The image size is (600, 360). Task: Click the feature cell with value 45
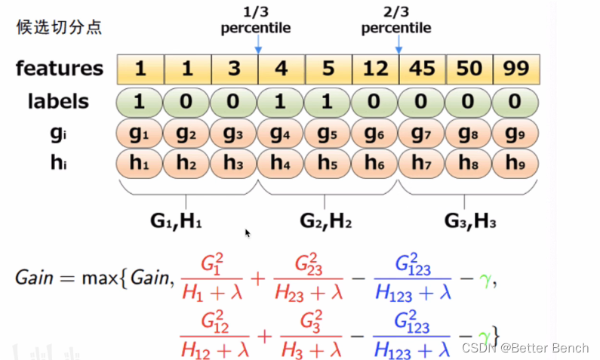tap(422, 69)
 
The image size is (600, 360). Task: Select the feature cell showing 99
tap(515, 69)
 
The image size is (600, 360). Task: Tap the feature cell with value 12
tap(375, 69)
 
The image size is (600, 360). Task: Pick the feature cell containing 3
tap(234, 69)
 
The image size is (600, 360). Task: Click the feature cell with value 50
tap(469, 69)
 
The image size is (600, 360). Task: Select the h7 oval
tap(422, 163)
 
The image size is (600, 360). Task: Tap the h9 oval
tap(515, 163)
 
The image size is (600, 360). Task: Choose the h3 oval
tap(234, 163)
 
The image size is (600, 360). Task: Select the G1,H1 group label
tap(175, 220)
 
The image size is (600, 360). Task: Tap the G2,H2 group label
tap(325, 220)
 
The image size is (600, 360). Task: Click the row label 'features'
tap(60, 69)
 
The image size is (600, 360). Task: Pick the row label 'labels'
tap(59, 101)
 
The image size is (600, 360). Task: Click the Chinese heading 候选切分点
tap(59, 28)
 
